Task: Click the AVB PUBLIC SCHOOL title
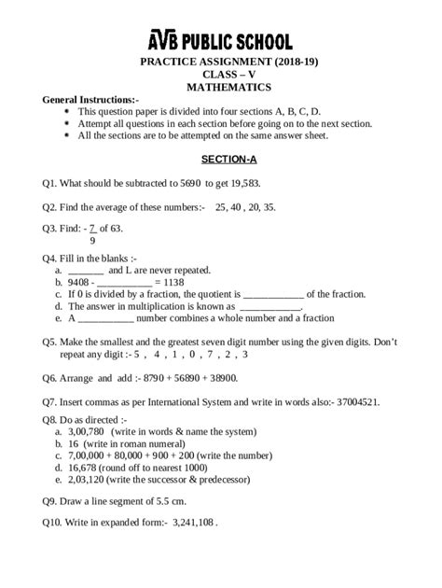[221, 40]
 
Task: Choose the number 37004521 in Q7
[378, 402]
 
